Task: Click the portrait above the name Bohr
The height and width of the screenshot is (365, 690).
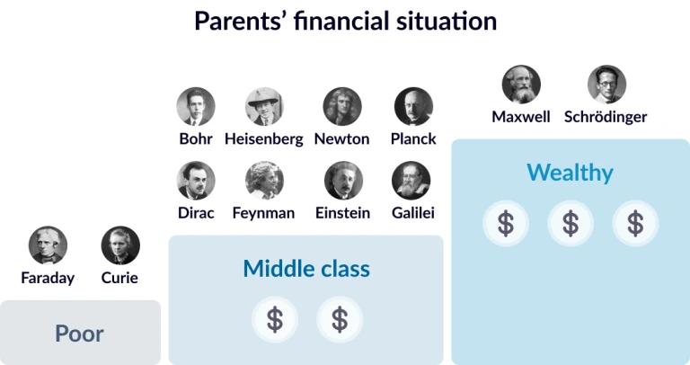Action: tap(196, 107)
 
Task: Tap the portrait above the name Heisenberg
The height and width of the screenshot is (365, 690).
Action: tap(264, 107)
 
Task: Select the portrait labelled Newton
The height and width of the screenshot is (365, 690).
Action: tap(342, 107)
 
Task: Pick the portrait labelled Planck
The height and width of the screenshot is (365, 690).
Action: tap(413, 107)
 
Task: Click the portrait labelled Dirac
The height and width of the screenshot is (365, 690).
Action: tap(196, 181)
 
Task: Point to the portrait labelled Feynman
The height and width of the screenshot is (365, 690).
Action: tap(264, 181)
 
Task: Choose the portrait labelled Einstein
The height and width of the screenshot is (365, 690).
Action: tap(344, 181)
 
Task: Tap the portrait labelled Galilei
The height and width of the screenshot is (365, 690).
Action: tap(411, 181)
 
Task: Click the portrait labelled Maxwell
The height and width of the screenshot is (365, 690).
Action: tap(521, 85)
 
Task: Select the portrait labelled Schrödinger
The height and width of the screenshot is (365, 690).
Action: tap(606, 85)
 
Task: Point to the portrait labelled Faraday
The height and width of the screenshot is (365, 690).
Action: tap(48, 245)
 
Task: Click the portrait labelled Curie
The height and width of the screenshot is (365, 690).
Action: tap(120, 245)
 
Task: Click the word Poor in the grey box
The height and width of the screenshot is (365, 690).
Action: tap(80, 334)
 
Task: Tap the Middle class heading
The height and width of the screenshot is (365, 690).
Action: tap(306, 269)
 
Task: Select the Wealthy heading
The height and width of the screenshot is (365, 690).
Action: tap(570, 173)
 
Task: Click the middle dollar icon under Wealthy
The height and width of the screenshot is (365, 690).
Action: tap(571, 223)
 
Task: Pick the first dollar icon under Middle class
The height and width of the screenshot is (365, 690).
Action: tap(275, 319)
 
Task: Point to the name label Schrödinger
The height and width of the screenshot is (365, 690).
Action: tap(606, 117)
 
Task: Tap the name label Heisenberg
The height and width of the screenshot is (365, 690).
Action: tap(264, 139)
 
